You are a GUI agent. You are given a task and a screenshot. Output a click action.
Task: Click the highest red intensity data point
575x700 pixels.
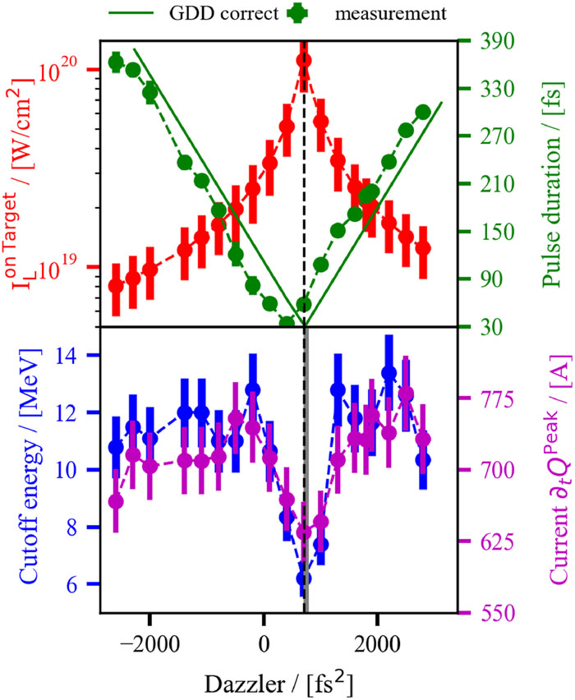click(304, 60)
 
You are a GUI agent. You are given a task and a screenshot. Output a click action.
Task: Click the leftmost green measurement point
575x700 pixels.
click(116, 62)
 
